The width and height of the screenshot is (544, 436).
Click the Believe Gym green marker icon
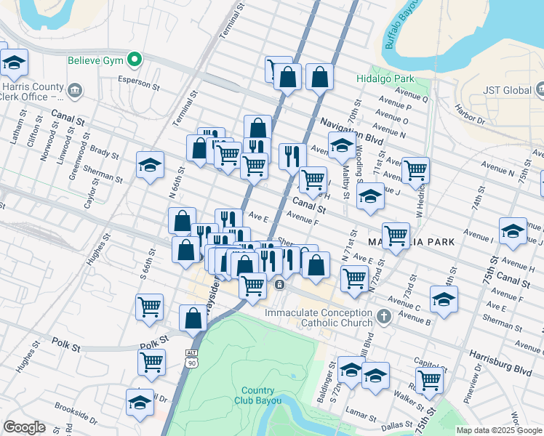coord(133,60)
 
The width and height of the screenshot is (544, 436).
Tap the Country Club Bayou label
coord(257,395)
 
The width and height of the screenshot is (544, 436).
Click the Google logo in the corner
coord(24,427)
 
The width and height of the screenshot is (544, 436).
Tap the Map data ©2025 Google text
coord(499,430)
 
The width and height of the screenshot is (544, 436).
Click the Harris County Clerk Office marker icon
coord(74,91)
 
